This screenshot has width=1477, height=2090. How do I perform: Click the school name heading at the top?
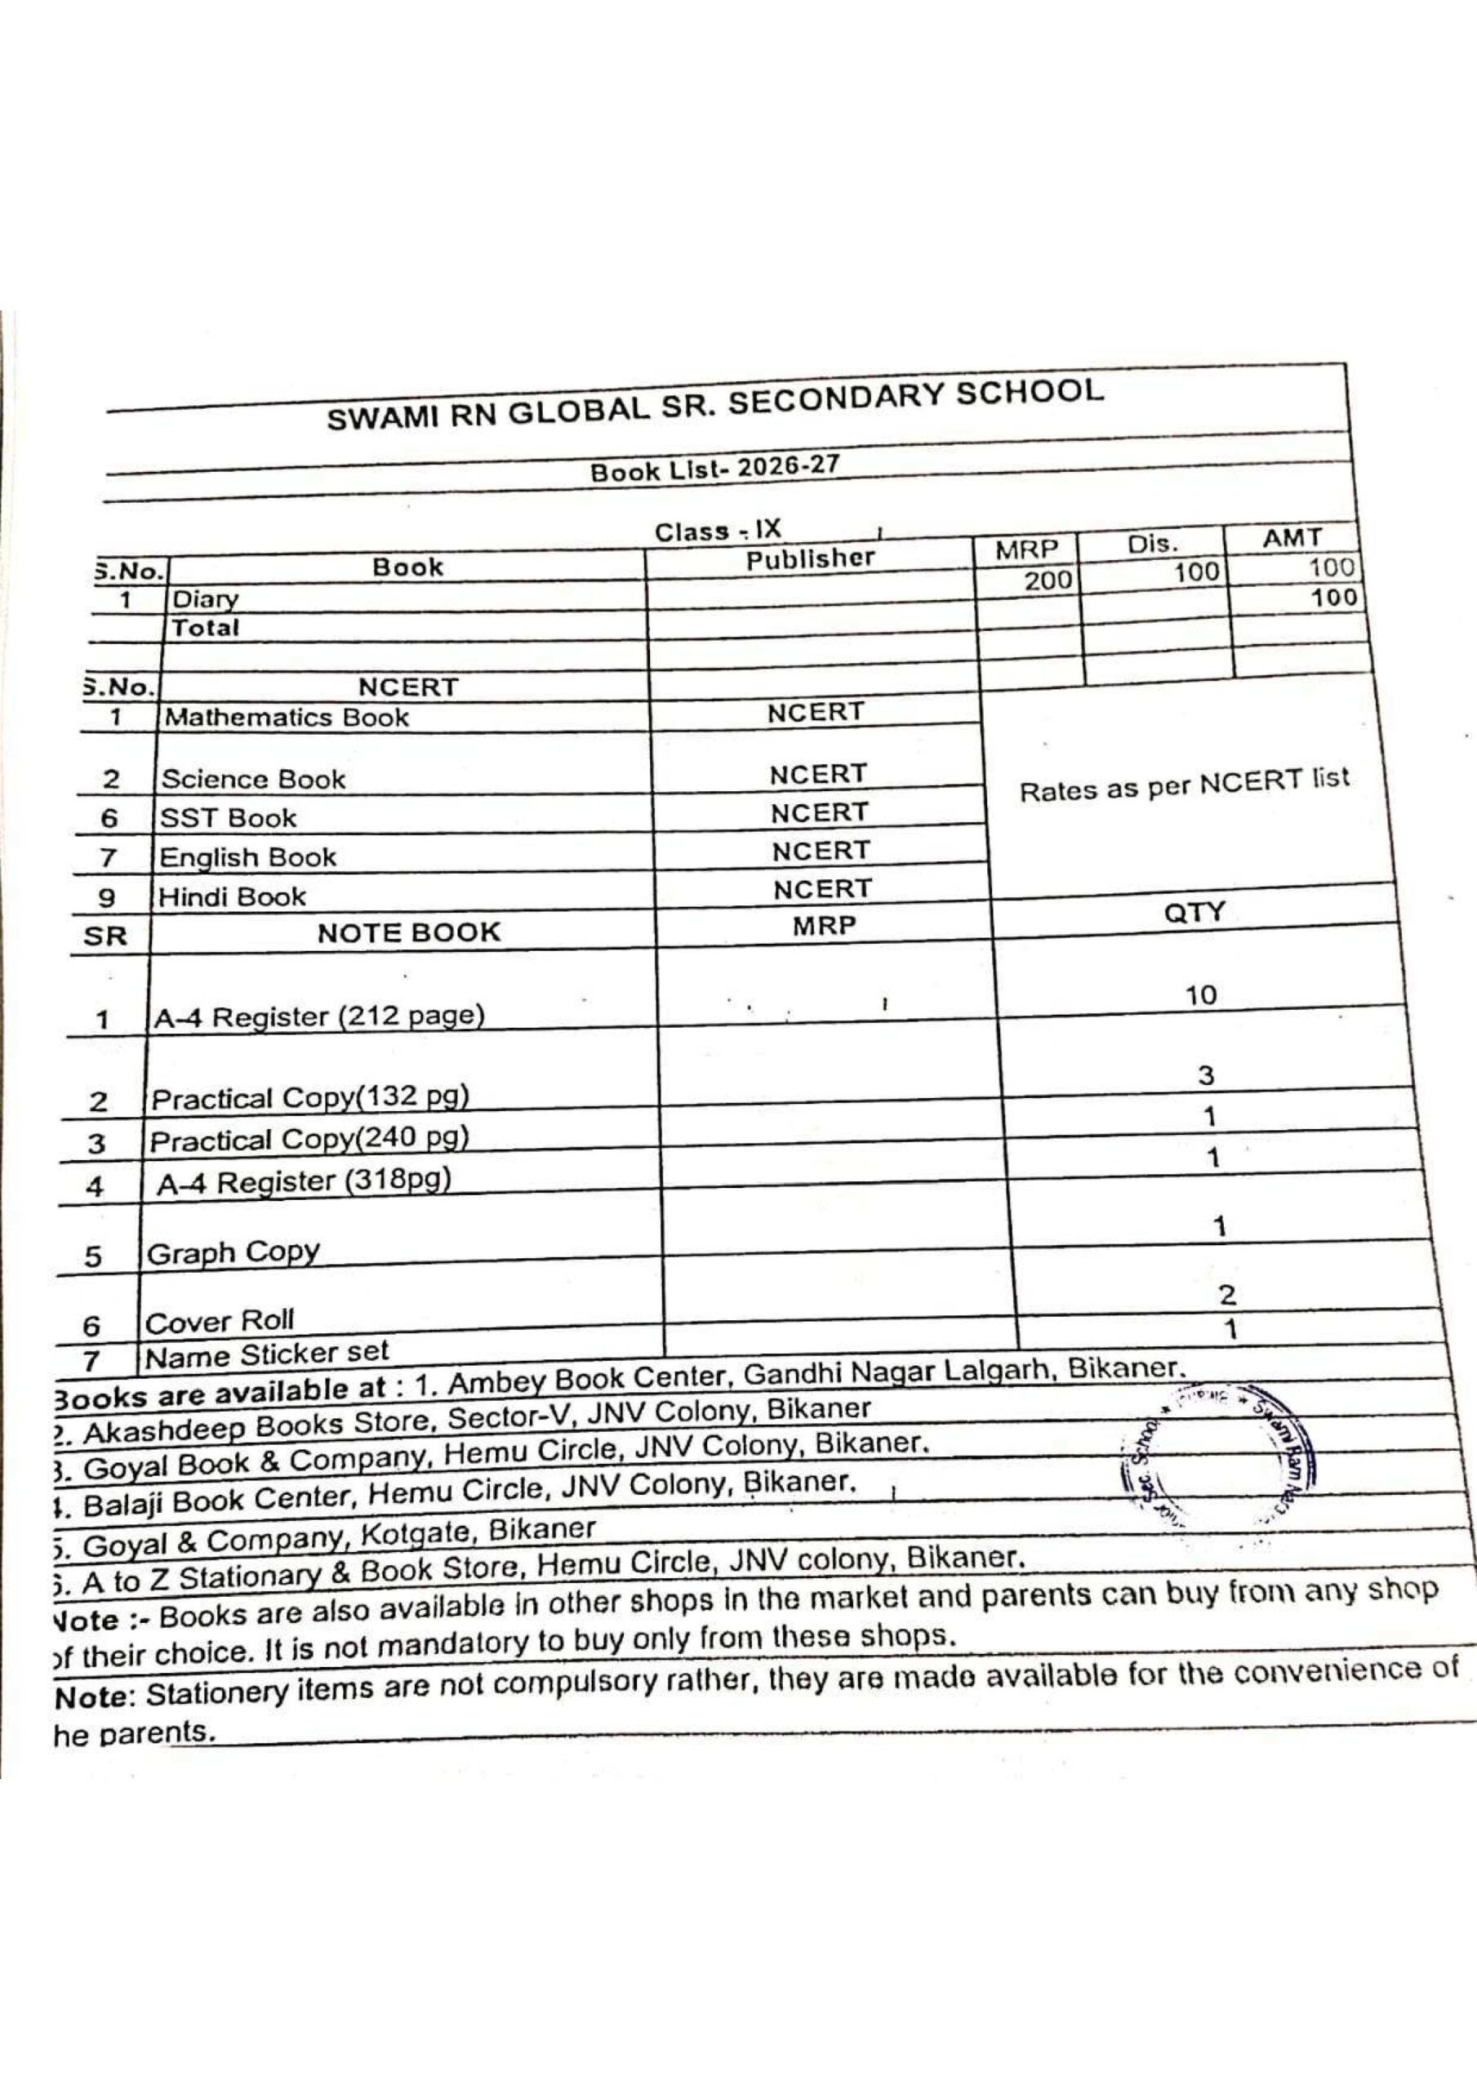[x=715, y=405]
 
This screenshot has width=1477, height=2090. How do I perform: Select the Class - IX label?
[x=718, y=531]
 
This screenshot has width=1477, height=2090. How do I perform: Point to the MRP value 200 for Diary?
[x=1048, y=580]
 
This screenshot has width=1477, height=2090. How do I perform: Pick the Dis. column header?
[x=1152, y=545]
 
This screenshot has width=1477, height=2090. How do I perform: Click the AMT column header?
[x=1291, y=538]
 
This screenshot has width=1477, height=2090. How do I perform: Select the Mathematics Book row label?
[x=286, y=718]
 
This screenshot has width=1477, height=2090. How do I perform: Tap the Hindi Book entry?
[x=232, y=896]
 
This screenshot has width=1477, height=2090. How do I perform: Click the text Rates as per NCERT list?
[x=1183, y=785]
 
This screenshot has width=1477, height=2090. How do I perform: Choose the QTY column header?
[x=1194, y=912]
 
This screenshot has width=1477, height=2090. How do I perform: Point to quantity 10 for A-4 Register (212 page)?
[x=1200, y=995]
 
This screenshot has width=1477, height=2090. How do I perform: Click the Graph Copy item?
[x=234, y=1252]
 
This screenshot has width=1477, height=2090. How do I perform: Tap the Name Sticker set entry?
[x=267, y=1354]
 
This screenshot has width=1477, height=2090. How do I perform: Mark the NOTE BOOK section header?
[x=409, y=932]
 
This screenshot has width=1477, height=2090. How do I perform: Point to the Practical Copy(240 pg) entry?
[x=309, y=1139]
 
